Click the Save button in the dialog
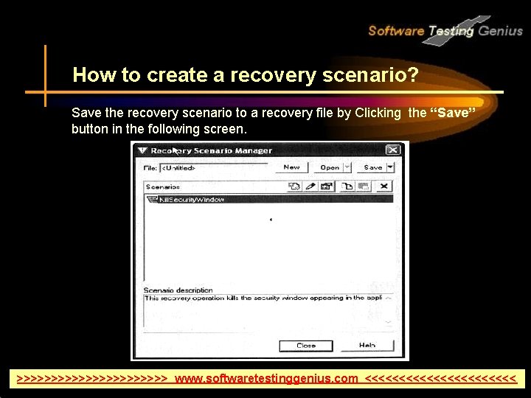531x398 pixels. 373,167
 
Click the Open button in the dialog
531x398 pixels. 330,167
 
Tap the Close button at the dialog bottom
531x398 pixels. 306,345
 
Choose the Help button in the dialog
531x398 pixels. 367,345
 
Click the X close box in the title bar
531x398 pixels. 392,150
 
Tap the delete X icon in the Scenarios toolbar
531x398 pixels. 384,186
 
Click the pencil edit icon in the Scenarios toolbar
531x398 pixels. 310,186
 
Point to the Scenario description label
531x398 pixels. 178,290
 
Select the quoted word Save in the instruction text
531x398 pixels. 451,114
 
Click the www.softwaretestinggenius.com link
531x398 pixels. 266,379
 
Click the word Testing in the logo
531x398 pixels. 452,30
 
